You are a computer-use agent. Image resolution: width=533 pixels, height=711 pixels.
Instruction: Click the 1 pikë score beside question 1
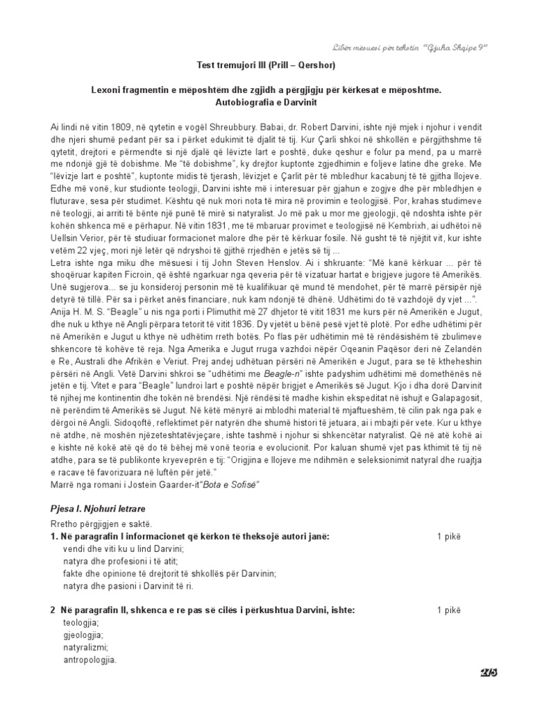(x=448, y=536)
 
